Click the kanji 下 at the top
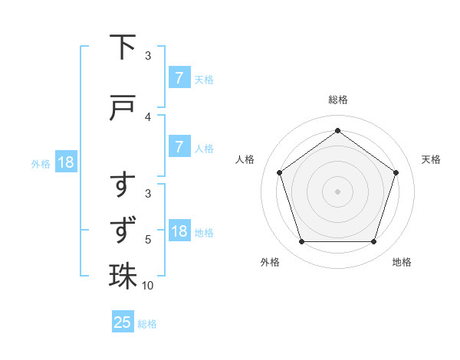[123, 48]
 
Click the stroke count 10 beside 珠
[148, 286]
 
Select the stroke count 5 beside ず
[148, 240]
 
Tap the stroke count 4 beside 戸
[148, 116]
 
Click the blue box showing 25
[123, 322]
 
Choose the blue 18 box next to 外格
[65, 162]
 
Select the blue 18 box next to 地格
[179, 231]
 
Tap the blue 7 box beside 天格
[179, 78]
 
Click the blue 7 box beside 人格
[179, 147]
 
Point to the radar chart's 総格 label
[337, 100]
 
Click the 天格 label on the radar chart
[431, 159]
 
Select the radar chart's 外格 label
[270, 262]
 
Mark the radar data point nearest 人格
[280, 172]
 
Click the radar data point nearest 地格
[373, 242]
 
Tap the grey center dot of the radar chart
[337, 191]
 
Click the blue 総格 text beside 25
[147, 323]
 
